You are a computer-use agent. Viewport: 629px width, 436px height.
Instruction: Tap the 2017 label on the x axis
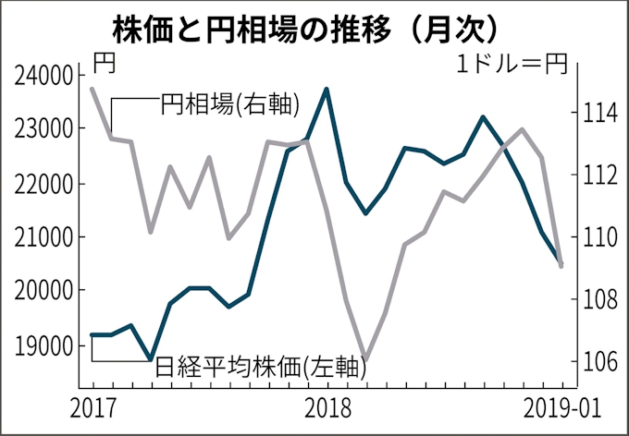coord(92,406)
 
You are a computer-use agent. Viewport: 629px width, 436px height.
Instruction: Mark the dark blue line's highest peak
coord(327,90)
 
